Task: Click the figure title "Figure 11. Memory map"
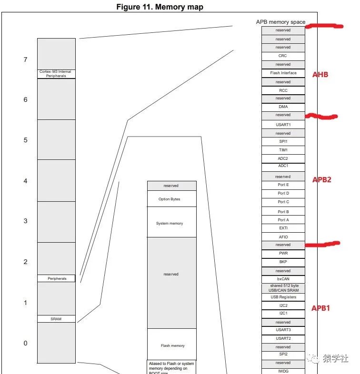[x=160, y=7]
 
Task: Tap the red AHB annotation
[x=320, y=75]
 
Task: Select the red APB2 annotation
[x=321, y=180]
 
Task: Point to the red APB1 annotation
[x=321, y=308]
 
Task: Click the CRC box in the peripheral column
[x=283, y=56]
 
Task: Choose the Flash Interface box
[x=283, y=73]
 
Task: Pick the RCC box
[x=283, y=90]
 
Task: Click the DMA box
[x=283, y=107]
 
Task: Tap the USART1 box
[x=283, y=125]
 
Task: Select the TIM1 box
[x=283, y=150]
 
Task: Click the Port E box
[x=283, y=185]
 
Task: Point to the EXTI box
[x=283, y=228]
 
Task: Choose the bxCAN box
[x=283, y=279]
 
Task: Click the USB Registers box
[x=283, y=297]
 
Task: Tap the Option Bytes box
[x=171, y=199]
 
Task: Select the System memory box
[x=171, y=223]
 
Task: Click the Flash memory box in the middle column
[x=171, y=345]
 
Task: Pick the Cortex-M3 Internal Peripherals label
[x=56, y=74]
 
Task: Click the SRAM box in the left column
[x=56, y=319]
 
